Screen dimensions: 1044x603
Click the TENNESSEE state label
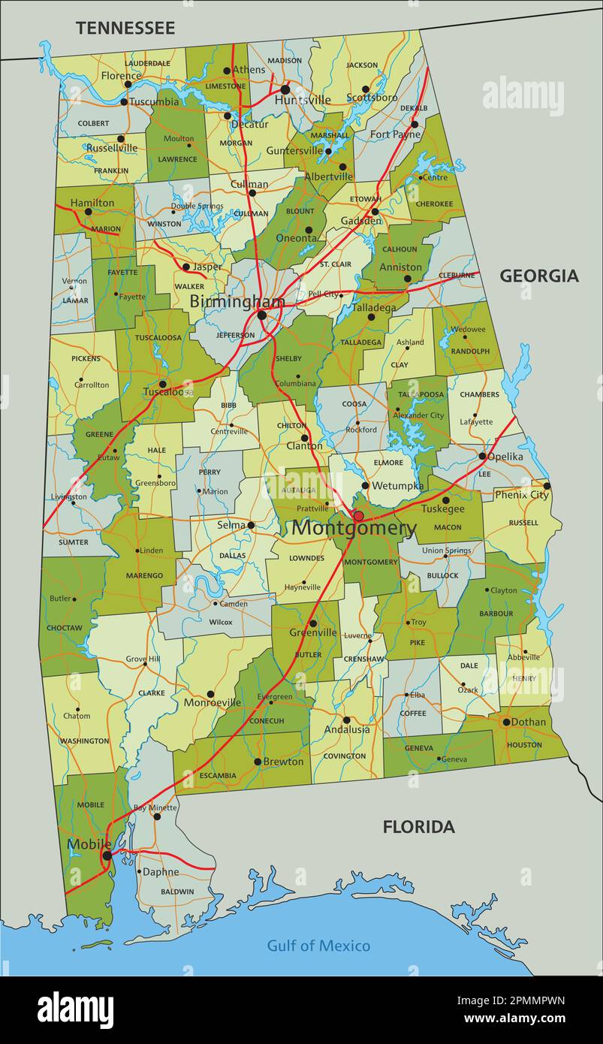(125, 29)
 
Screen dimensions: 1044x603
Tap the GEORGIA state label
(539, 276)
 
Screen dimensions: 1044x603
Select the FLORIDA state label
(418, 827)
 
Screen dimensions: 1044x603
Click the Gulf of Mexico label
(318, 946)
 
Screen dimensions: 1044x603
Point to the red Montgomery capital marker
(359, 516)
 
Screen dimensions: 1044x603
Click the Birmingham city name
(237, 302)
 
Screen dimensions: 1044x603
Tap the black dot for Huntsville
(285, 89)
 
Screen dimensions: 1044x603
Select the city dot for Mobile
(107, 855)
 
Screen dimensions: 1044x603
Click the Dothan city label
(529, 722)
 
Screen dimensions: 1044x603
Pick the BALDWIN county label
(177, 892)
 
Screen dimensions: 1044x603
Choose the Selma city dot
(251, 526)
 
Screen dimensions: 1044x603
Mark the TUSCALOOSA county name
(159, 337)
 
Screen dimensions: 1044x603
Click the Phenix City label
(521, 495)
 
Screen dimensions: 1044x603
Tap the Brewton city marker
(258, 762)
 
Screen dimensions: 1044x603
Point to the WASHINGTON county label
(84, 741)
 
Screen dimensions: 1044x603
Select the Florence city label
(121, 76)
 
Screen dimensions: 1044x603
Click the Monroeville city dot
(210, 694)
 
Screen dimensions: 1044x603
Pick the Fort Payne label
(395, 134)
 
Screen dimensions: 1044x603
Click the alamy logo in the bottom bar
(76, 1010)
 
